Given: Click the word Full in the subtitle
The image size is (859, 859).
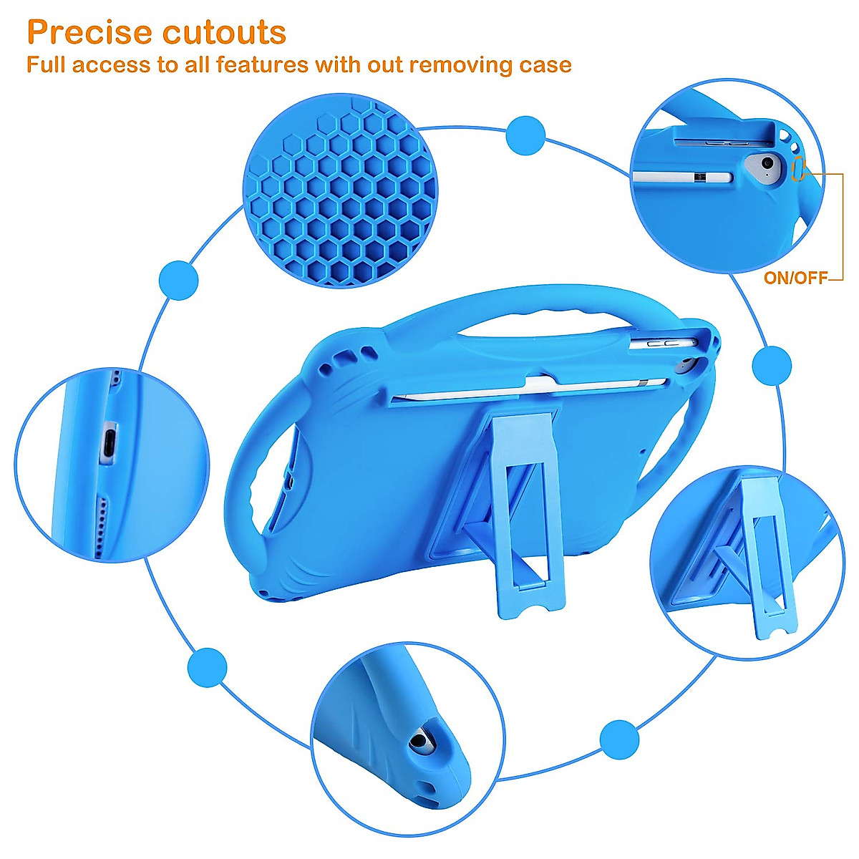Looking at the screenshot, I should (47, 65).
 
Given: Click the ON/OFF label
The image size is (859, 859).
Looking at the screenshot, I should (795, 278).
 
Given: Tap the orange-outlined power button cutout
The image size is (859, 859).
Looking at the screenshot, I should (800, 169).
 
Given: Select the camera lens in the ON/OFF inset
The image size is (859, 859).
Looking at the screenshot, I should (767, 164).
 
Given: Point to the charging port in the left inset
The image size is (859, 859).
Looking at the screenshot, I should (110, 439).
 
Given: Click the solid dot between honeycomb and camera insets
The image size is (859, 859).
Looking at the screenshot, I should (525, 135).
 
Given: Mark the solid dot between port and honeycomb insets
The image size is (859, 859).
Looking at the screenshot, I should (178, 279).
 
